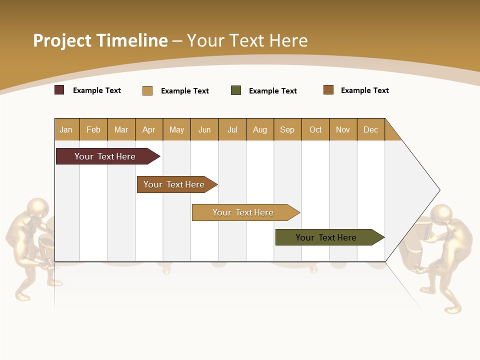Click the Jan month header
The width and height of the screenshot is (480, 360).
tap(66, 129)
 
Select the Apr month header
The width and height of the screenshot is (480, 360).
tap(149, 129)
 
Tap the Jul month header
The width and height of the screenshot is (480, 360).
tap(232, 129)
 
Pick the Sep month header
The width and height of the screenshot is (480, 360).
tap(287, 129)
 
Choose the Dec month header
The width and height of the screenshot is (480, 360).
tap(370, 129)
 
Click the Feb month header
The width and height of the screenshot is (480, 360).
tap(93, 129)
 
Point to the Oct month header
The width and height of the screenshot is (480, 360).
tap(315, 129)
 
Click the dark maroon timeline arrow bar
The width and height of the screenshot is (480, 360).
tap(105, 156)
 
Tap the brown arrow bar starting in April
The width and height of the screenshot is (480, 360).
tap(174, 184)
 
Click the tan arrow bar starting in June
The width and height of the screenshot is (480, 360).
tap(243, 212)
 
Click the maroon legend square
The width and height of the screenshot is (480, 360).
tap(59, 90)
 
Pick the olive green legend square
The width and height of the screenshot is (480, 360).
tap(236, 90)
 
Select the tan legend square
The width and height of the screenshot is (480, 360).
tap(147, 90)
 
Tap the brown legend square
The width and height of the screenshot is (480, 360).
tap(328, 90)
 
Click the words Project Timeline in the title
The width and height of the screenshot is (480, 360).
tap(100, 40)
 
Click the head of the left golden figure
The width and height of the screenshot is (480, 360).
tap(38, 207)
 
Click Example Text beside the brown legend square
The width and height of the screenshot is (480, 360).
tap(364, 90)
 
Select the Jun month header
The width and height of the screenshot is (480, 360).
tap(204, 129)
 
